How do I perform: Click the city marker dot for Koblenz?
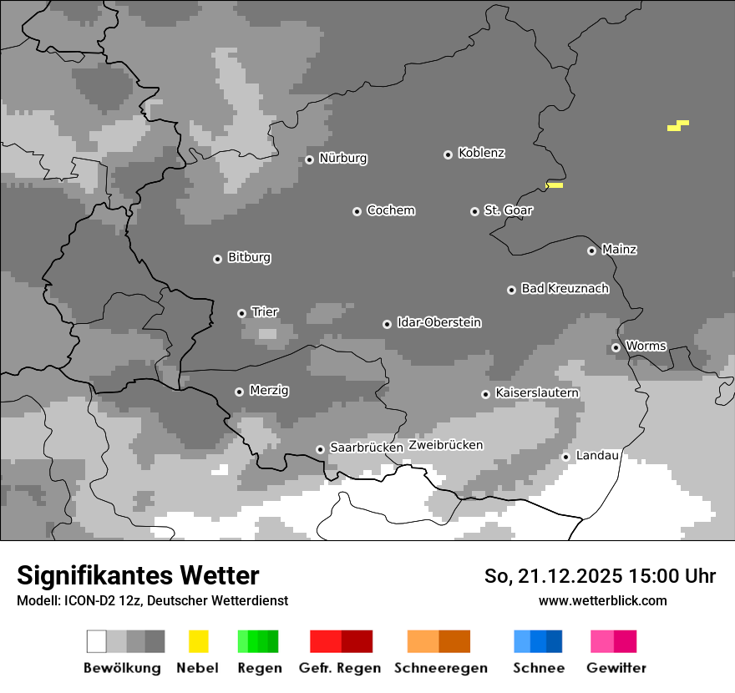coord(448,154)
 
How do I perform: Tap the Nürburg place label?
coord(342,159)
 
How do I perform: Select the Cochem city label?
coord(390,210)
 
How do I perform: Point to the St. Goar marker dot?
coord(474,211)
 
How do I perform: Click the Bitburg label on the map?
coord(249,258)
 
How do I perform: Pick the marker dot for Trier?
coord(241,313)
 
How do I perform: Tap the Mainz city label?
coord(619,250)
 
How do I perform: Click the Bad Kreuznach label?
coord(565,289)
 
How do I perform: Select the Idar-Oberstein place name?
coord(438,323)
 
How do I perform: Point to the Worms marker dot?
coord(616,347)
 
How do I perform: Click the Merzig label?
coord(269,391)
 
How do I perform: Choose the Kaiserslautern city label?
coord(536,393)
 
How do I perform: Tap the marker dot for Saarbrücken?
coord(320,449)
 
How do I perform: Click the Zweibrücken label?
coord(445,445)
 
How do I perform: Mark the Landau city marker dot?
coord(565,457)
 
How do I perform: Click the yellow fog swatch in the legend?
coord(198,641)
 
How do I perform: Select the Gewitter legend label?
coord(616,668)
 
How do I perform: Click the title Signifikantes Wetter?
coord(138,575)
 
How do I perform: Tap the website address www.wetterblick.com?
coord(602,600)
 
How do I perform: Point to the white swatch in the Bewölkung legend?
coord(97,641)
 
